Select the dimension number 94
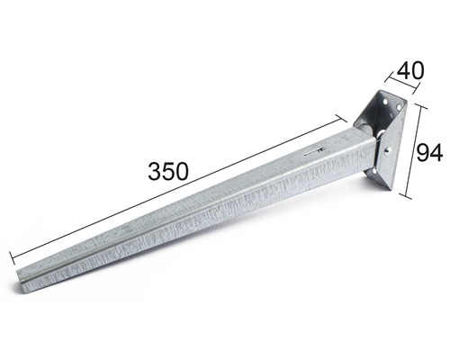[430, 153]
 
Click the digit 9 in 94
[423, 153]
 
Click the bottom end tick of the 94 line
[409, 196]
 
